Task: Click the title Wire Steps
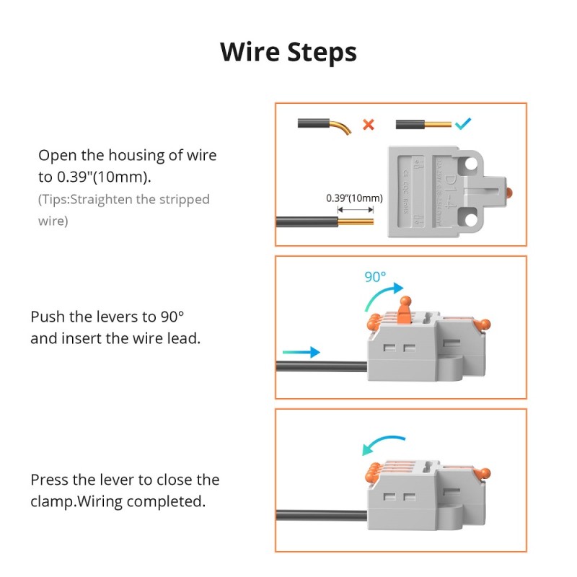coord(288,53)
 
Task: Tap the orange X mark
coord(368,124)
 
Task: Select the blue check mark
coord(462,124)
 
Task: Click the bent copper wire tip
coord(345,128)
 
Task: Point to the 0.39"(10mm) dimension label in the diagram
coord(354,198)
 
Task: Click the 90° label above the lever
coord(374,276)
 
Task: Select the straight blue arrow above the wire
coord(301,352)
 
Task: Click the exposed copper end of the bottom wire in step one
coord(357,221)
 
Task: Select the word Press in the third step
coord(50,480)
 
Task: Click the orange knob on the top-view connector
coord(509,193)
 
